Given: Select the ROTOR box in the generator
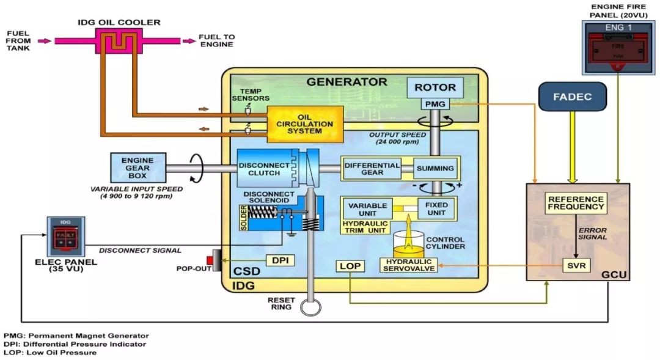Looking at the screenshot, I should pos(435,88).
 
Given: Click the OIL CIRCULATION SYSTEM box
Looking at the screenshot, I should pos(305,124).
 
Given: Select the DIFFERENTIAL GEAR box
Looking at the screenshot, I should pos(372,168).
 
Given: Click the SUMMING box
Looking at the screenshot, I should pos(435,168).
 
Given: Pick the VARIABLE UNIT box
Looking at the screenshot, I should pos(368,209).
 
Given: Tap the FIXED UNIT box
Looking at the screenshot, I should pos(436,209).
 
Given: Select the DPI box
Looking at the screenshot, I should pos(280,260).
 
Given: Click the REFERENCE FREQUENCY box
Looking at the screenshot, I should pos(576,204).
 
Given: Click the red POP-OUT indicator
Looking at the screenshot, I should pos(218,260).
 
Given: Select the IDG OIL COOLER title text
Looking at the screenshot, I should pos(119,23).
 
